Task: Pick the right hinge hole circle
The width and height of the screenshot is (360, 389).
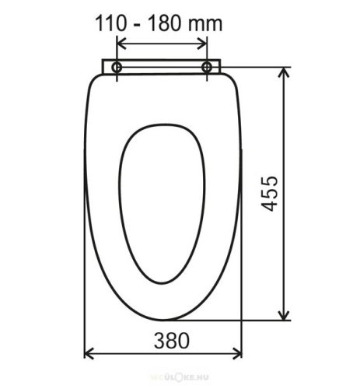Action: (x=208, y=68)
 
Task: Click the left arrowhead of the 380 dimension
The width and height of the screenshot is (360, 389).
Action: (x=88, y=356)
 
